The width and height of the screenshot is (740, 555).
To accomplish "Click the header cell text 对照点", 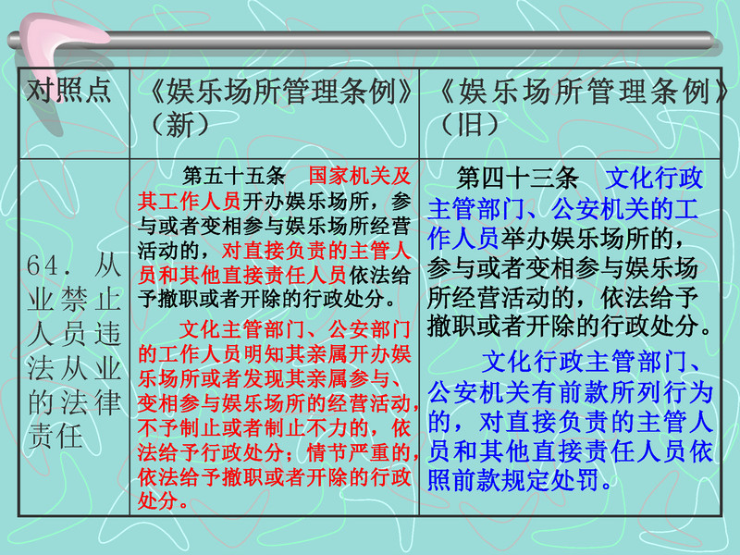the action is coord(68,90).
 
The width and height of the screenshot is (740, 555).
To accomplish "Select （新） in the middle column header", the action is coord(179,125).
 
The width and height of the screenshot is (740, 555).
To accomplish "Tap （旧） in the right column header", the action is coord(470,125).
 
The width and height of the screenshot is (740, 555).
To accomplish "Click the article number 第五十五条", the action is coord(234,176).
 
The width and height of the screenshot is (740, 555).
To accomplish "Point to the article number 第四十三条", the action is coord(518,178).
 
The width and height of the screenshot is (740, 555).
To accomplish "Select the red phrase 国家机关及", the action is coord(360,176).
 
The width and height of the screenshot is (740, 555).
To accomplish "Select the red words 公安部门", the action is coord(369,329).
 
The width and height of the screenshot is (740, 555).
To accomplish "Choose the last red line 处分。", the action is coord(164,500).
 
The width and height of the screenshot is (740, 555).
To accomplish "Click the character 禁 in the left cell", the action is coord(74,299).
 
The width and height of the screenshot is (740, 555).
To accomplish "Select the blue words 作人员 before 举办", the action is coord(463,238).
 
